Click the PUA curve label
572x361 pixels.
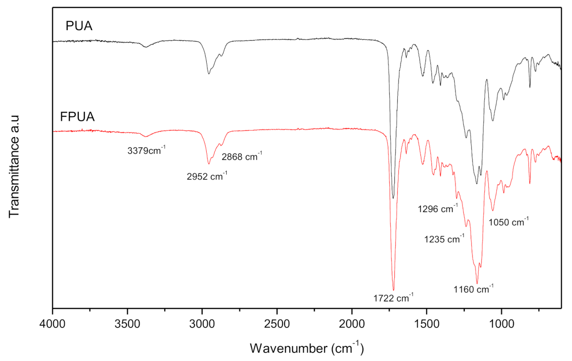(x=79, y=27)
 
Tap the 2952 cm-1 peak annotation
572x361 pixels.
(x=207, y=176)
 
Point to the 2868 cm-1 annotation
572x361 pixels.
(x=242, y=157)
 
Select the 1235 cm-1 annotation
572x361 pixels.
(x=444, y=239)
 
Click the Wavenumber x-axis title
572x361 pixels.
(x=306, y=347)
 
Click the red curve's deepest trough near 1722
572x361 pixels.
(x=393, y=289)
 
